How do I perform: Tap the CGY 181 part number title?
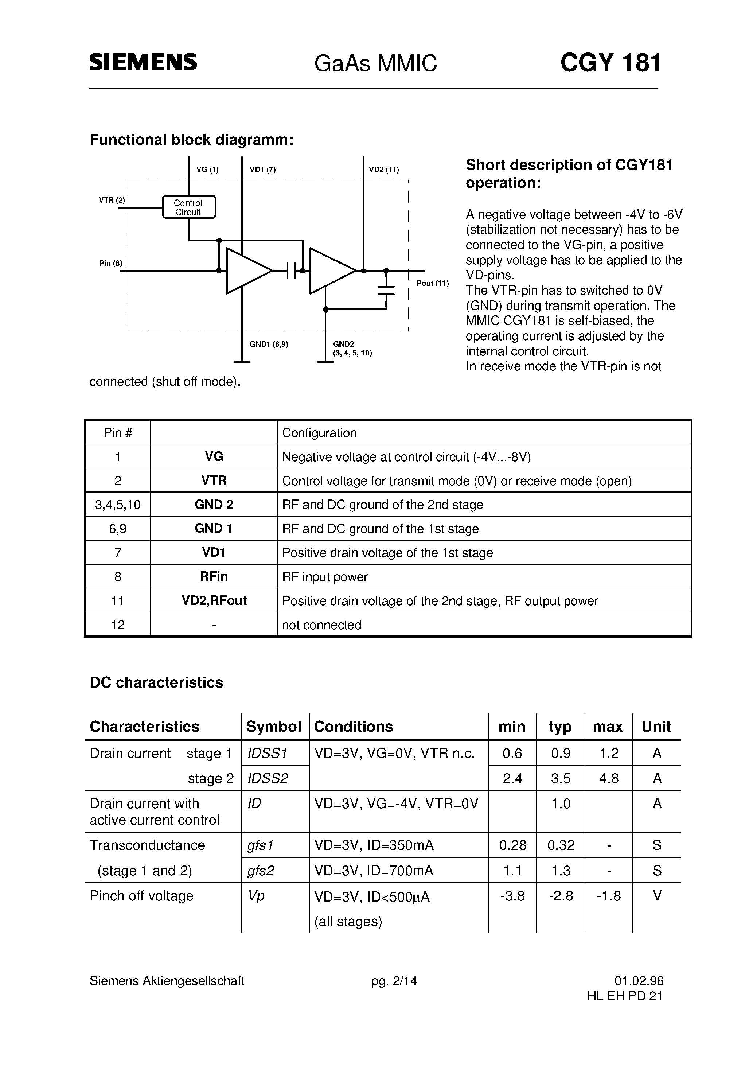[610, 63]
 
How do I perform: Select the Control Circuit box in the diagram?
[188, 207]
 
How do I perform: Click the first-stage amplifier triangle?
[246, 271]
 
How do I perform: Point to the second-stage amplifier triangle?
[329, 271]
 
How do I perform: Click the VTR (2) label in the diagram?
[112, 201]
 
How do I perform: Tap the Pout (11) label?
[432, 283]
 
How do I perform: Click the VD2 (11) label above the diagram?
[383, 170]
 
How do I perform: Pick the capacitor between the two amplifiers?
[292, 271]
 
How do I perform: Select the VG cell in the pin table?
[214, 457]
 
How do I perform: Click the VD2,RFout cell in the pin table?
[214, 601]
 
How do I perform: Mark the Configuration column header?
[319, 433]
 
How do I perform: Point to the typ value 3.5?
[560, 779]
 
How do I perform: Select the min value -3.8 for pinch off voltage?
[512, 896]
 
